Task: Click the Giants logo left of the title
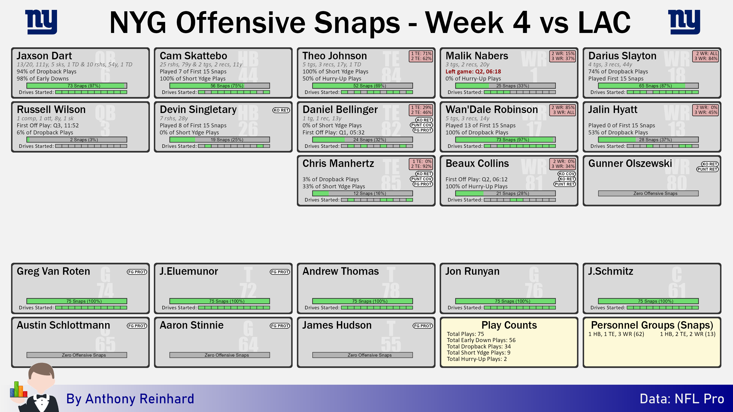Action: pyautogui.click(x=41, y=22)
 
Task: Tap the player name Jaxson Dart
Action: pyautogui.click(x=44, y=56)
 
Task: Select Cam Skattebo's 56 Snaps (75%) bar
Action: pyautogui.click(x=220, y=86)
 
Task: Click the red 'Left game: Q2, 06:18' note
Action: pyautogui.click(x=473, y=71)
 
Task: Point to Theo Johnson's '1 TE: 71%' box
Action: pyautogui.click(x=421, y=53)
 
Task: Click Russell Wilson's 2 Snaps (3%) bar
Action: pyautogui.click(x=77, y=140)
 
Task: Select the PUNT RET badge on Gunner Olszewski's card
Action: pyautogui.click(x=707, y=169)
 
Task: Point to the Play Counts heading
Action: pyautogui.click(x=509, y=325)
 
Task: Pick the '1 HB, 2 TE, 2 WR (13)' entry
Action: pyautogui.click(x=688, y=334)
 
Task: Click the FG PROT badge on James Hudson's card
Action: pyautogui.click(x=423, y=326)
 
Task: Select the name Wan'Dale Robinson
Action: pyautogui.click(x=491, y=109)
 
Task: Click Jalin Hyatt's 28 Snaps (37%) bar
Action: pyautogui.click(x=648, y=140)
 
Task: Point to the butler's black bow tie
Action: pyautogui.click(x=41, y=396)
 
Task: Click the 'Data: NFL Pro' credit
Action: pyautogui.click(x=682, y=399)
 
